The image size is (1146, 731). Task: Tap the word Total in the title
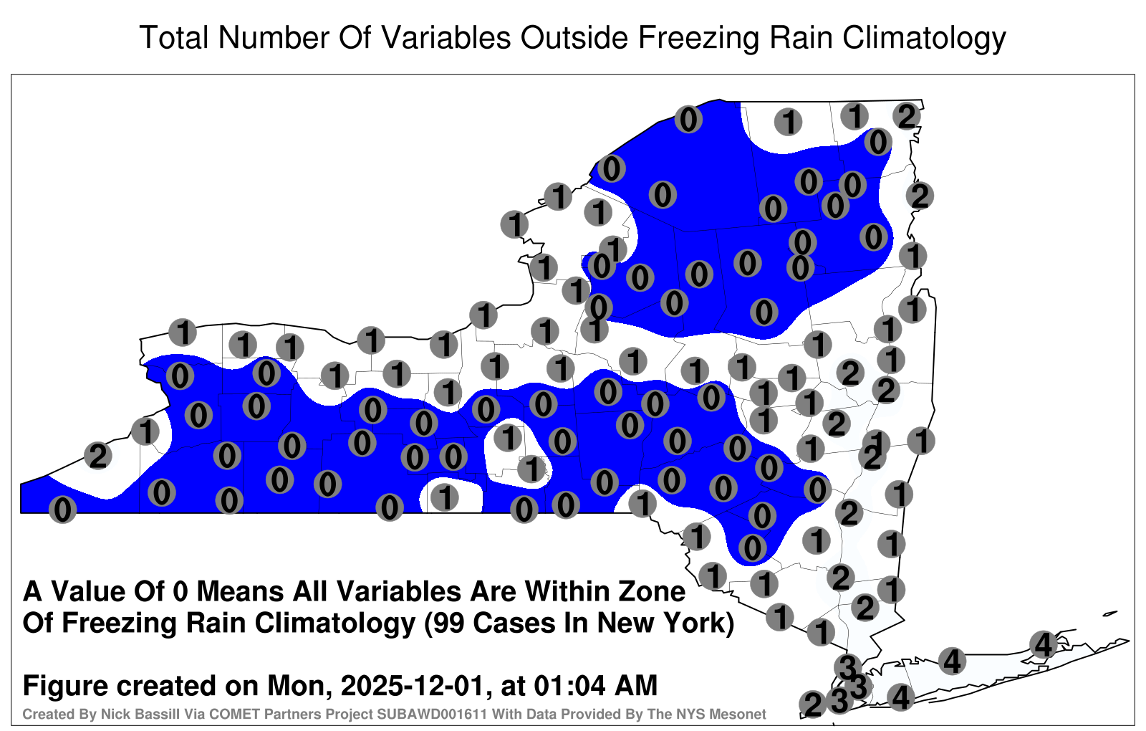174,37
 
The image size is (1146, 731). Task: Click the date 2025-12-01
412,685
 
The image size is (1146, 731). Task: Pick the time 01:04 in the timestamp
569,685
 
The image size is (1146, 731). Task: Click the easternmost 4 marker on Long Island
1043,644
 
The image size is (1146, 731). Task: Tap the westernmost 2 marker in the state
98,456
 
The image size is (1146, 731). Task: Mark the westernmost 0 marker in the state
62,510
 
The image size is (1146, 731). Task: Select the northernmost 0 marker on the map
688,119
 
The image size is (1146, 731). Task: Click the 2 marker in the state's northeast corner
907,116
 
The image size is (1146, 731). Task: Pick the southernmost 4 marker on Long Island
900,697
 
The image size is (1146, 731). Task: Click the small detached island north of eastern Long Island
1110,613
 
